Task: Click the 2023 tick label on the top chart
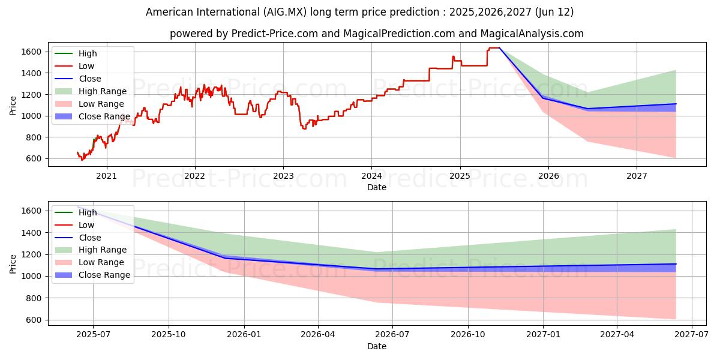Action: [x=283, y=176]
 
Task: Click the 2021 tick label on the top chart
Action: [x=106, y=176]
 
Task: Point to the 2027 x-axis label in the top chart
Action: [x=637, y=176]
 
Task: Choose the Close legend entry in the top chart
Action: [x=90, y=79]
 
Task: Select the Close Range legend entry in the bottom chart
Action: [x=104, y=275]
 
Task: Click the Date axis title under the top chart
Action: [x=376, y=188]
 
